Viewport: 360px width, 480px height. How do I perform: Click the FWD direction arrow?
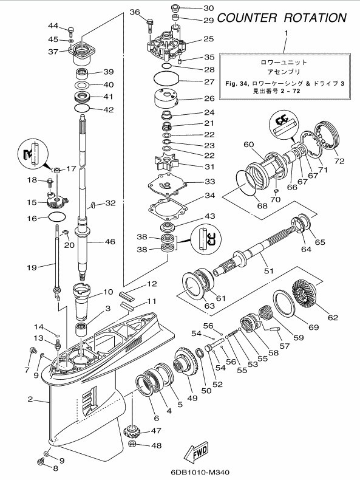tap(197, 451)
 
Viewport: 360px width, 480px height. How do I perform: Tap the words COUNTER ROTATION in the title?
tap(282, 18)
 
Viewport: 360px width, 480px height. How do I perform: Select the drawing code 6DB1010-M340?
tap(200, 472)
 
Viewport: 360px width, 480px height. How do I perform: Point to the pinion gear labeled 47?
tap(132, 431)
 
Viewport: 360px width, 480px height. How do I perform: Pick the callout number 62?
tap(333, 317)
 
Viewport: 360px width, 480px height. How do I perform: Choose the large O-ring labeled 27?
tap(166, 78)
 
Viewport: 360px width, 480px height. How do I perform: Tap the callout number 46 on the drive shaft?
tap(110, 242)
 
